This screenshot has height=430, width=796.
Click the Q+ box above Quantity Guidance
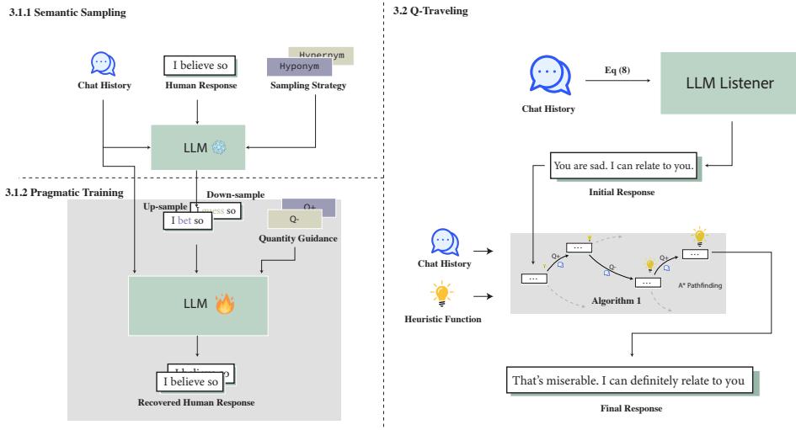point(311,206)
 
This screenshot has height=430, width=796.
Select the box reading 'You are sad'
point(624,166)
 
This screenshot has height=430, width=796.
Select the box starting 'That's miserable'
point(628,381)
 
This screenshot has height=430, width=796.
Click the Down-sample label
point(235,194)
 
